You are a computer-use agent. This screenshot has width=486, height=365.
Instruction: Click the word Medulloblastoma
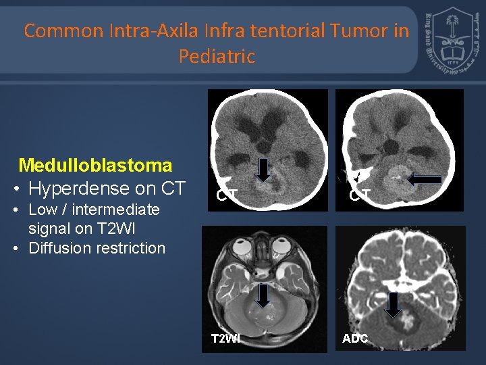click(95, 164)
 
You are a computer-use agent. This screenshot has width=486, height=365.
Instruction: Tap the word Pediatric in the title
click(217, 56)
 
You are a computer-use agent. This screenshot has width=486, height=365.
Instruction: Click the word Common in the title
click(62, 30)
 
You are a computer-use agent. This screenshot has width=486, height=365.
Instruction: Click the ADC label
click(355, 338)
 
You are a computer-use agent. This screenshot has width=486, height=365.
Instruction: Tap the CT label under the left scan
click(226, 196)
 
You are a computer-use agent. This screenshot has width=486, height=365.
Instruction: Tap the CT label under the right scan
click(359, 196)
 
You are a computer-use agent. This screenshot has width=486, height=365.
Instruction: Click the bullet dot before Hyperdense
click(16, 188)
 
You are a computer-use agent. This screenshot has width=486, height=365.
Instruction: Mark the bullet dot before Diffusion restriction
click(16, 248)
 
